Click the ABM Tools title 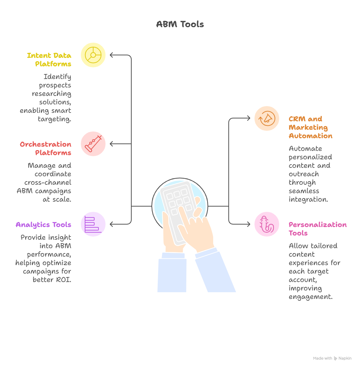[x=180, y=24]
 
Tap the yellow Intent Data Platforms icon [x=93, y=55]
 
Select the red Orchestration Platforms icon [x=93, y=144]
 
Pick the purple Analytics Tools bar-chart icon [x=93, y=224]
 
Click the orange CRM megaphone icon [x=267, y=118]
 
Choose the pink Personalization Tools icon [x=267, y=224]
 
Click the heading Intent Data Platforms [x=49, y=60]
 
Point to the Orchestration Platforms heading [x=46, y=148]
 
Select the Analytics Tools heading [x=43, y=225]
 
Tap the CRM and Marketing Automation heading [x=311, y=127]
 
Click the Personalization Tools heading [x=317, y=229]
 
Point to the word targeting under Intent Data [x=54, y=119]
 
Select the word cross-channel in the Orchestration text [x=48, y=183]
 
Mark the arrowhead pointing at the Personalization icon [x=248, y=224]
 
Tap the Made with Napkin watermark [x=332, y=358]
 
